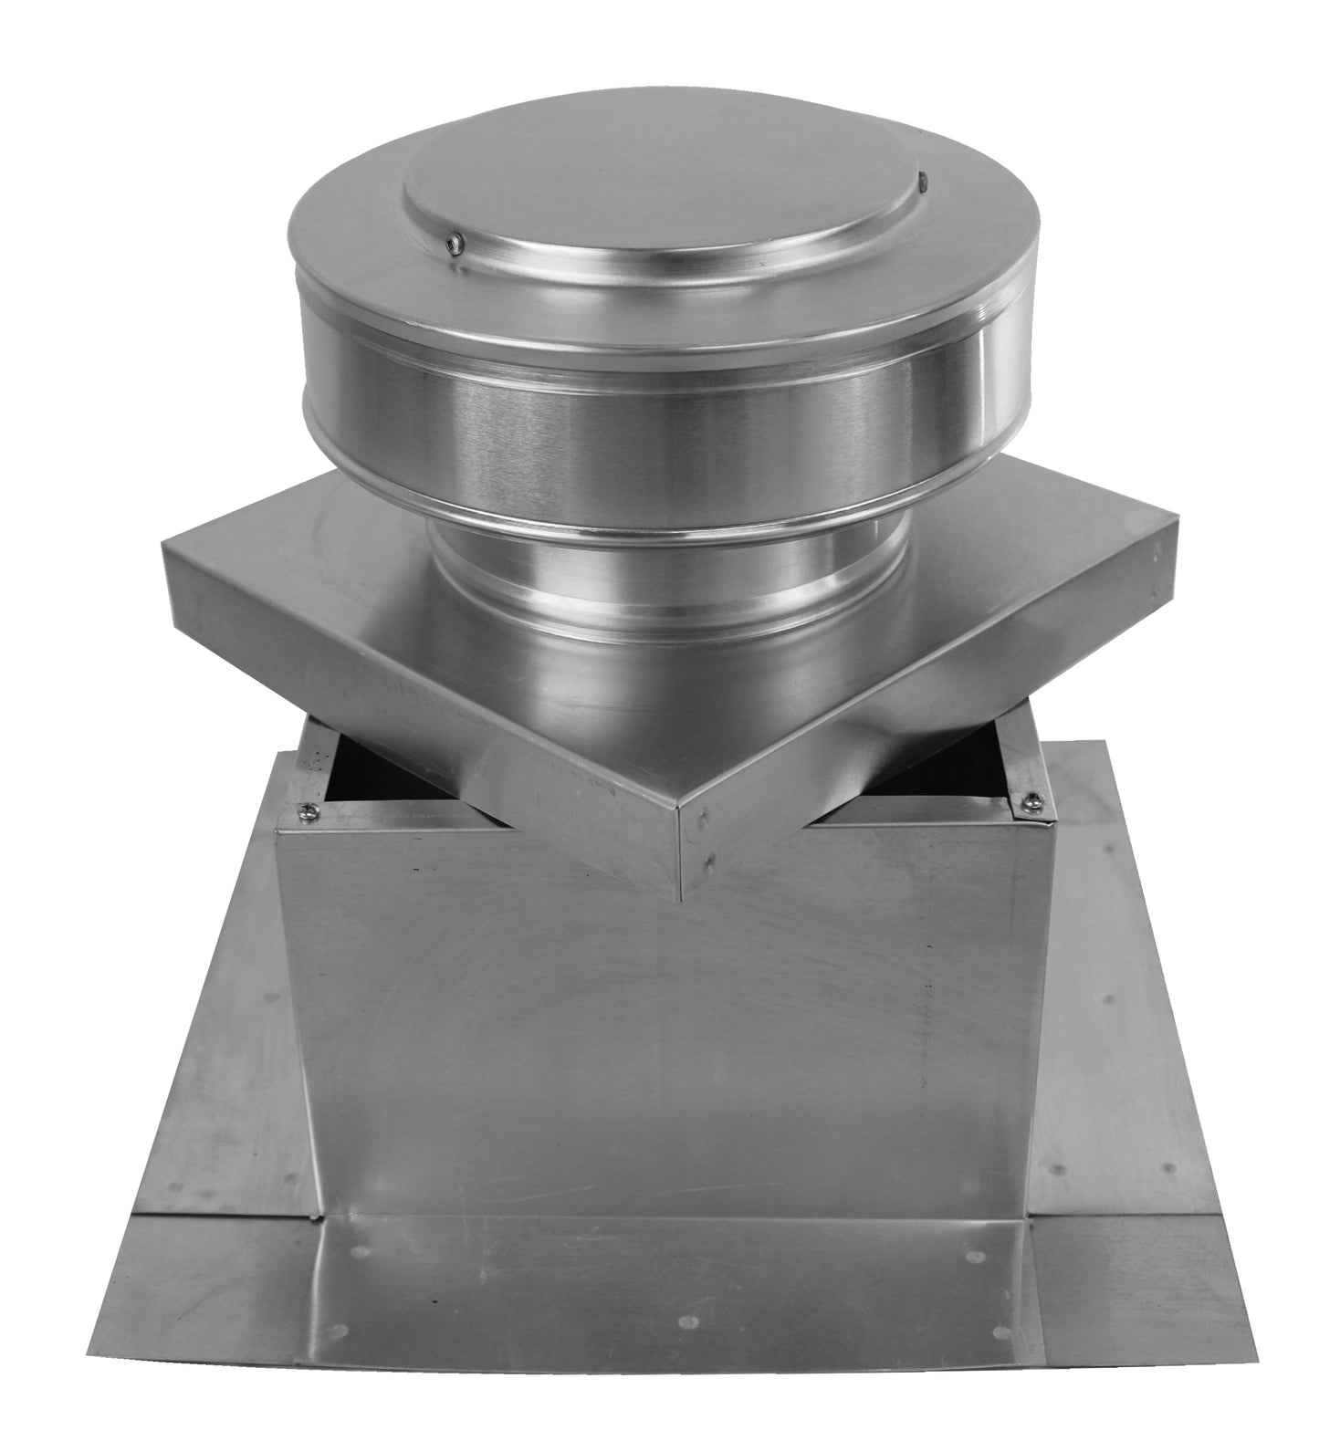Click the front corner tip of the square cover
click(x=683, y=899)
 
